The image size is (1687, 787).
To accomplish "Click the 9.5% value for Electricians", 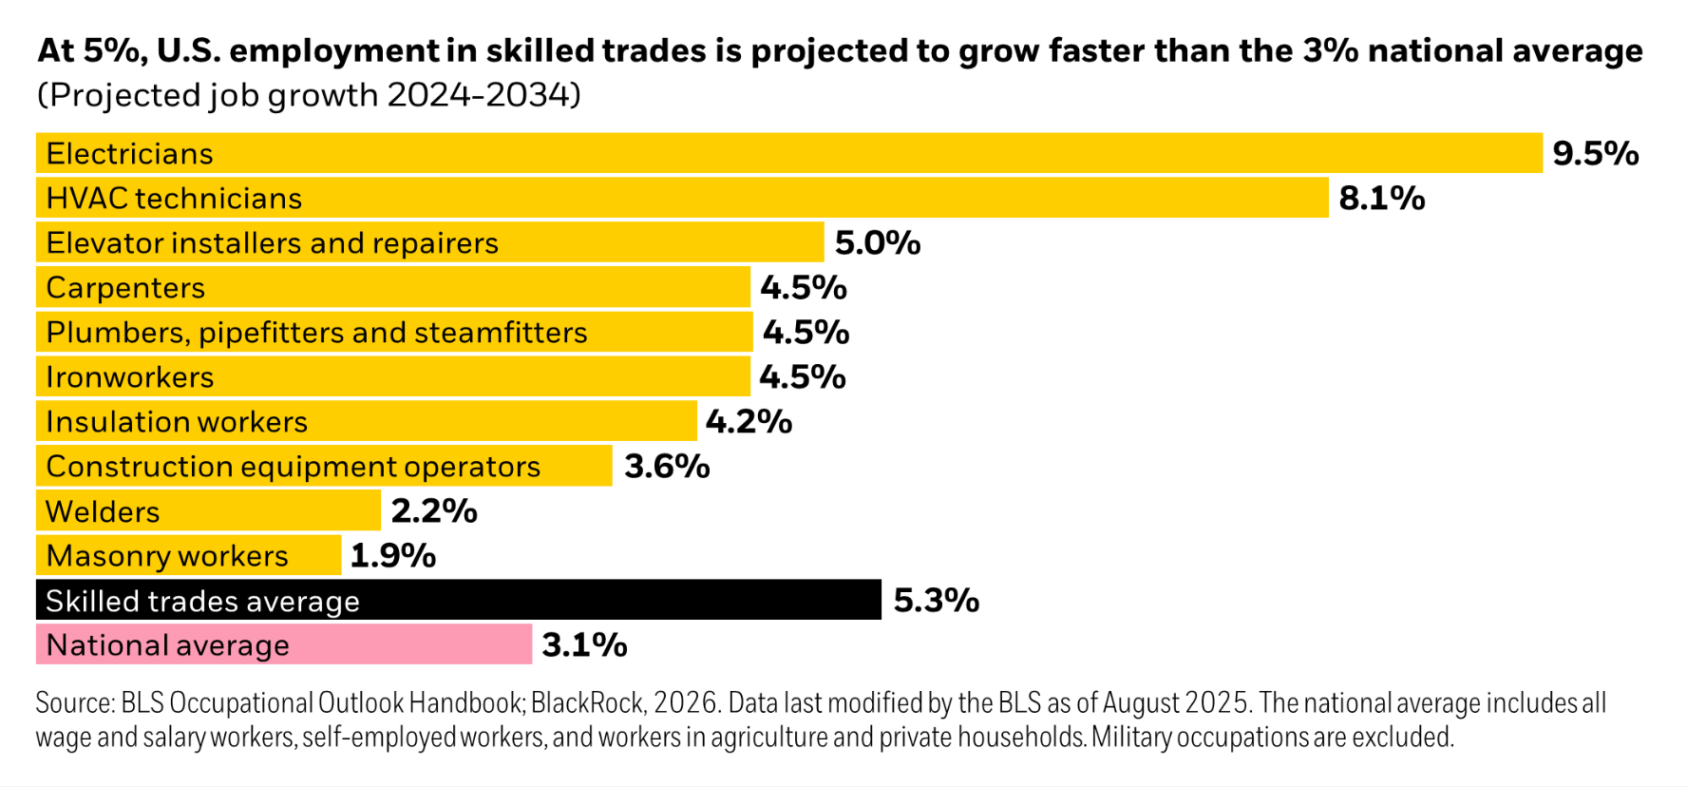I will click(x=1595, y=154).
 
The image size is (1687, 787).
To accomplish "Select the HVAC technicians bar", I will click(x=681, y=198).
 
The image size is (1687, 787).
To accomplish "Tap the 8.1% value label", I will click(x=1381, y=199).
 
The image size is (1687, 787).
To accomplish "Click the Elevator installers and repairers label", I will click(x=272, y=243).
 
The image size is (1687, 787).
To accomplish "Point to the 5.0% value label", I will click(x=877, y=243).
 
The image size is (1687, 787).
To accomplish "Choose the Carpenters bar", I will click(x=392, y=288).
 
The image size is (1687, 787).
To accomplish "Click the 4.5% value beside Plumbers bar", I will click(x=806, y=333).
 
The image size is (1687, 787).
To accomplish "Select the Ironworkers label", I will click(x=130, y=377).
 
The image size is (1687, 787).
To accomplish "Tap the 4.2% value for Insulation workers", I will click(x=748, y=422).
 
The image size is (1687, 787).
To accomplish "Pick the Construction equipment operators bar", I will click(x=324, y=467).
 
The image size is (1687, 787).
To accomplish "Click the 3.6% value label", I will click(x=667, y=467).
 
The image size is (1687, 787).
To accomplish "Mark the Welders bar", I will click(x=208, y=511).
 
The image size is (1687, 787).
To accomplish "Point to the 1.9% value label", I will click(x=392, y=556).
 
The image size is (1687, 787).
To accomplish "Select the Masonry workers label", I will click(x=167, y=556).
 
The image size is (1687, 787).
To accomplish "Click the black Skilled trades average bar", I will click(x=458, y=601).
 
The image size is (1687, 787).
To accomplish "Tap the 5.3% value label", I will click(x=936, y=601).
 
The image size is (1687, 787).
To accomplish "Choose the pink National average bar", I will click(x=283, y=645).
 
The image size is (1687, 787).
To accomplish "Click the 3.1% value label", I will click(x=584, y=645).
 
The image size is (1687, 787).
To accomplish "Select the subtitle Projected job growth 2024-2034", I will click(x=309, y=95).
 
